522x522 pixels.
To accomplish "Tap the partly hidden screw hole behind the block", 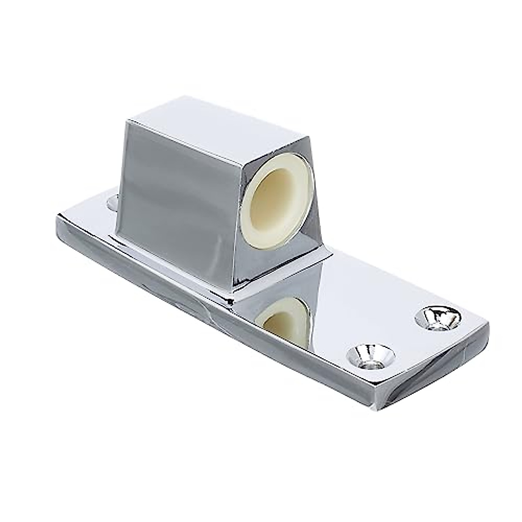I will (x=112, y=203).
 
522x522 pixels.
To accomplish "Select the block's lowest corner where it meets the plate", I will (x=235, y=299).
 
